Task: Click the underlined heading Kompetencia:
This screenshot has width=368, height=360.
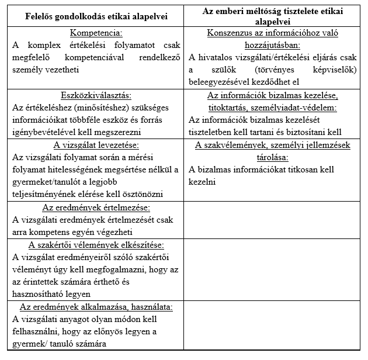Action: [96, 33]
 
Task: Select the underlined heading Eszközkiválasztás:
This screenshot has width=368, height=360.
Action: [96, 95]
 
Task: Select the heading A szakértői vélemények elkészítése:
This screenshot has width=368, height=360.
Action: [96, 244]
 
